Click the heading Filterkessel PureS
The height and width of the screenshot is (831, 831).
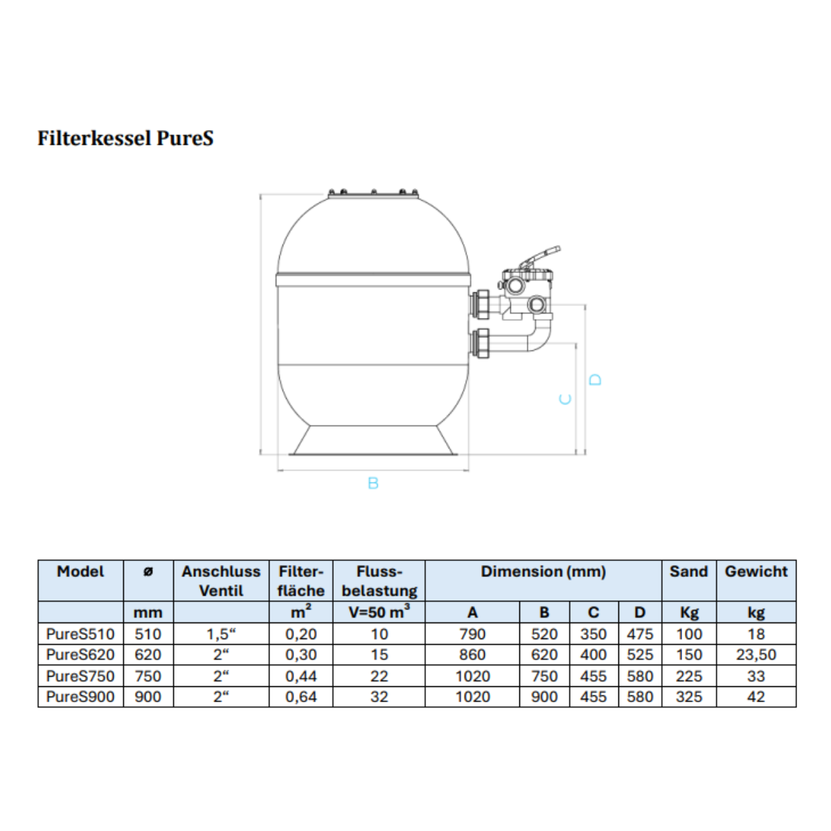(x=125, y=138)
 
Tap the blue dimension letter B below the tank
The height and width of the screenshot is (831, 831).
(x=373, y=483)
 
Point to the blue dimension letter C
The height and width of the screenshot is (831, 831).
(x=565, y=400)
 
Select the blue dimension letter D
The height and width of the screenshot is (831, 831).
(x=595, y=380)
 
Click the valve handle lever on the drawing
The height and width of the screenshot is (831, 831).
(x=540, y=257)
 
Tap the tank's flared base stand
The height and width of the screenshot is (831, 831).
(x=373, y=440)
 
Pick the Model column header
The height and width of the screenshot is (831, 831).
(x=80, y=571)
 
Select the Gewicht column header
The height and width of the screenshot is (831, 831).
(x=756, y=571)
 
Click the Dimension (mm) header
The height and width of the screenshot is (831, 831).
(x=544, y=571)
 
